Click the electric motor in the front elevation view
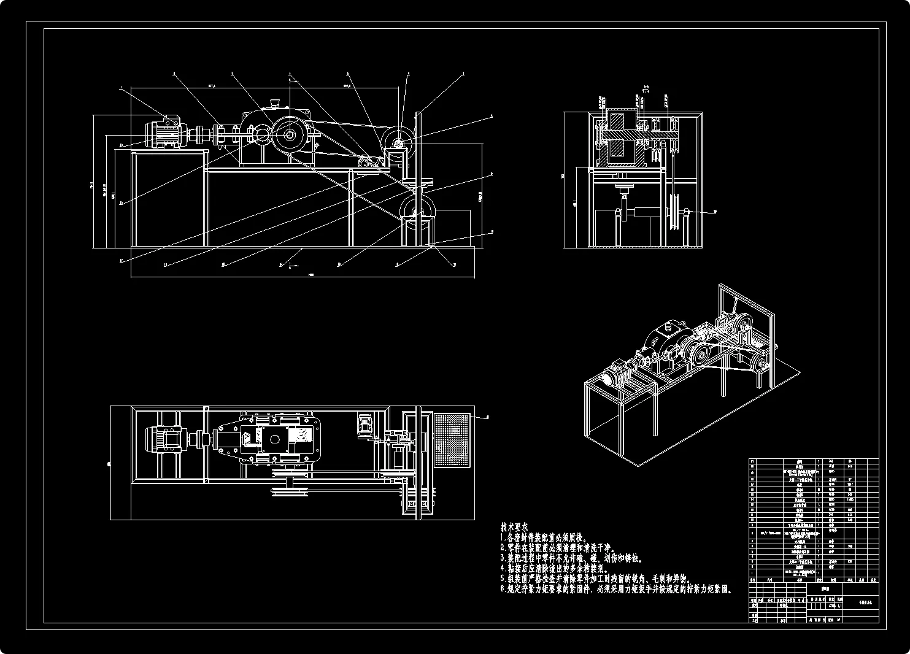(163, 133)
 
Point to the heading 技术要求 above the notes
(514, 526)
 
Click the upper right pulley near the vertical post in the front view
(398, 143)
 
